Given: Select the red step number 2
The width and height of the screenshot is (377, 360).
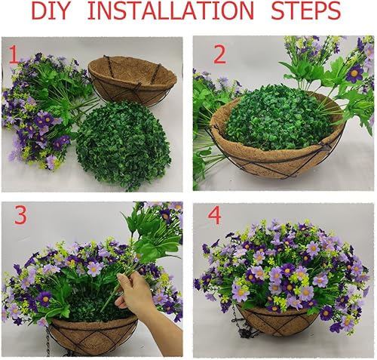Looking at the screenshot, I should [219, 54].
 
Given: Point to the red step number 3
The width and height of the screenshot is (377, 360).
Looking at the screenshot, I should [20, 215].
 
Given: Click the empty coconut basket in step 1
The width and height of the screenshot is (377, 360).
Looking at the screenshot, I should [132, 78].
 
